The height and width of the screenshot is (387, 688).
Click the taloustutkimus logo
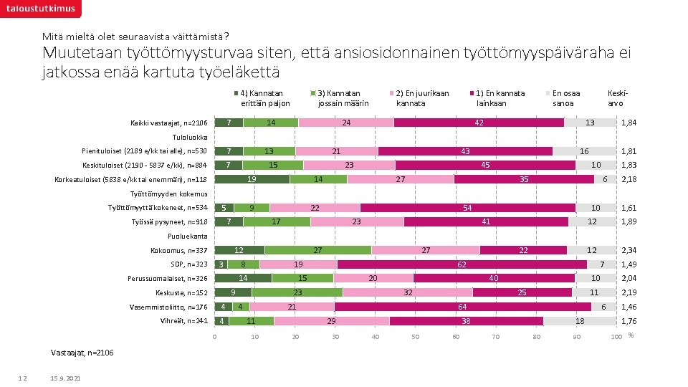tap(40, 9)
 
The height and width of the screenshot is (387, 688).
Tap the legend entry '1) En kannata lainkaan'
tap(500, 97)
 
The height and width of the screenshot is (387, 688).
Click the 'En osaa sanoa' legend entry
tap(565, 97)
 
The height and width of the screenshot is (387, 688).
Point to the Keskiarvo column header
tap(617, 97)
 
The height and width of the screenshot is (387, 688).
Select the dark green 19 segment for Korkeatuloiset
tap(252, 179)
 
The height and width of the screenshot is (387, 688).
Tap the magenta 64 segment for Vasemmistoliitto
tap(463, 307)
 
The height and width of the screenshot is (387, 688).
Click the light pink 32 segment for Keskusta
tap(408, 292)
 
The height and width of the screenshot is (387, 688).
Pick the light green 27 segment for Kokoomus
tap(318, 250)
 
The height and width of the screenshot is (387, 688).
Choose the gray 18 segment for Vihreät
tap(580, 320)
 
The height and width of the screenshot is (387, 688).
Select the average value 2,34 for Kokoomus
tap(629, 251)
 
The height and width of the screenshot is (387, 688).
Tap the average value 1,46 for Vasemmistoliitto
tap(629, 307)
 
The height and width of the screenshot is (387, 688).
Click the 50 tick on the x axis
tap(415, 337)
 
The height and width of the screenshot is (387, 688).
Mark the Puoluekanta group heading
tap(187, 236)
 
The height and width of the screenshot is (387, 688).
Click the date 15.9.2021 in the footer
tap(67, 378)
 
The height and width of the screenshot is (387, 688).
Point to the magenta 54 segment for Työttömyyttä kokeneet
tap(468, 208)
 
